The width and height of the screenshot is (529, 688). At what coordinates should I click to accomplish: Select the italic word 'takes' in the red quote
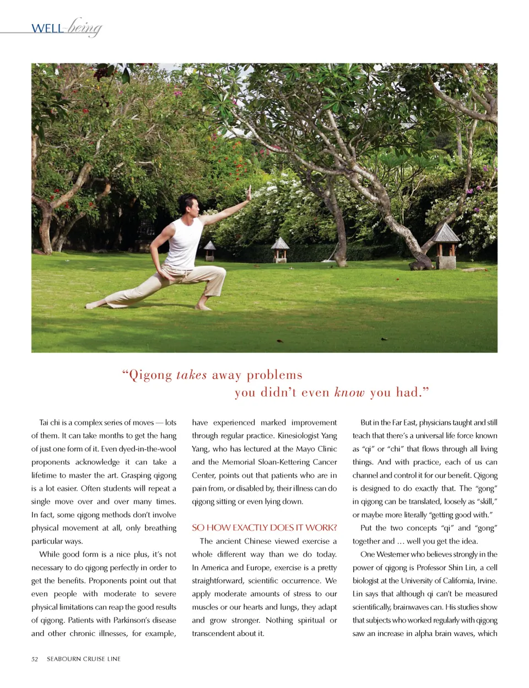pyautogui.click(x=191, y=375)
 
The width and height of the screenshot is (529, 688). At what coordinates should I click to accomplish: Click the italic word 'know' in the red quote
pyautogui.click(x=349, y=392)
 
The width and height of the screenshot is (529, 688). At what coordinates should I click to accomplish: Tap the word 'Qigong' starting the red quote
pyautogui.click(x=150, y=376)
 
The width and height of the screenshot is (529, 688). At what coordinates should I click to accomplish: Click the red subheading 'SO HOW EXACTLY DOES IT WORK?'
pyautogui.click(x=264, y=527)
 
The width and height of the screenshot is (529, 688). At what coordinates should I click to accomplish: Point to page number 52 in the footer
pyautogui.click(x=35, y=659)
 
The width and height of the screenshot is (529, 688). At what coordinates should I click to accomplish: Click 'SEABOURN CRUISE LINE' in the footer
pyautogui.click(x=84, y=659)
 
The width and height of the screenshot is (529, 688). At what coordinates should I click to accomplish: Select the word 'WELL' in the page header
pyautogui.click(x=47, y=28)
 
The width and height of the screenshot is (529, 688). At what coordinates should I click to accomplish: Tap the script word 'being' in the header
pyautogui.click(x=84, y=27)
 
